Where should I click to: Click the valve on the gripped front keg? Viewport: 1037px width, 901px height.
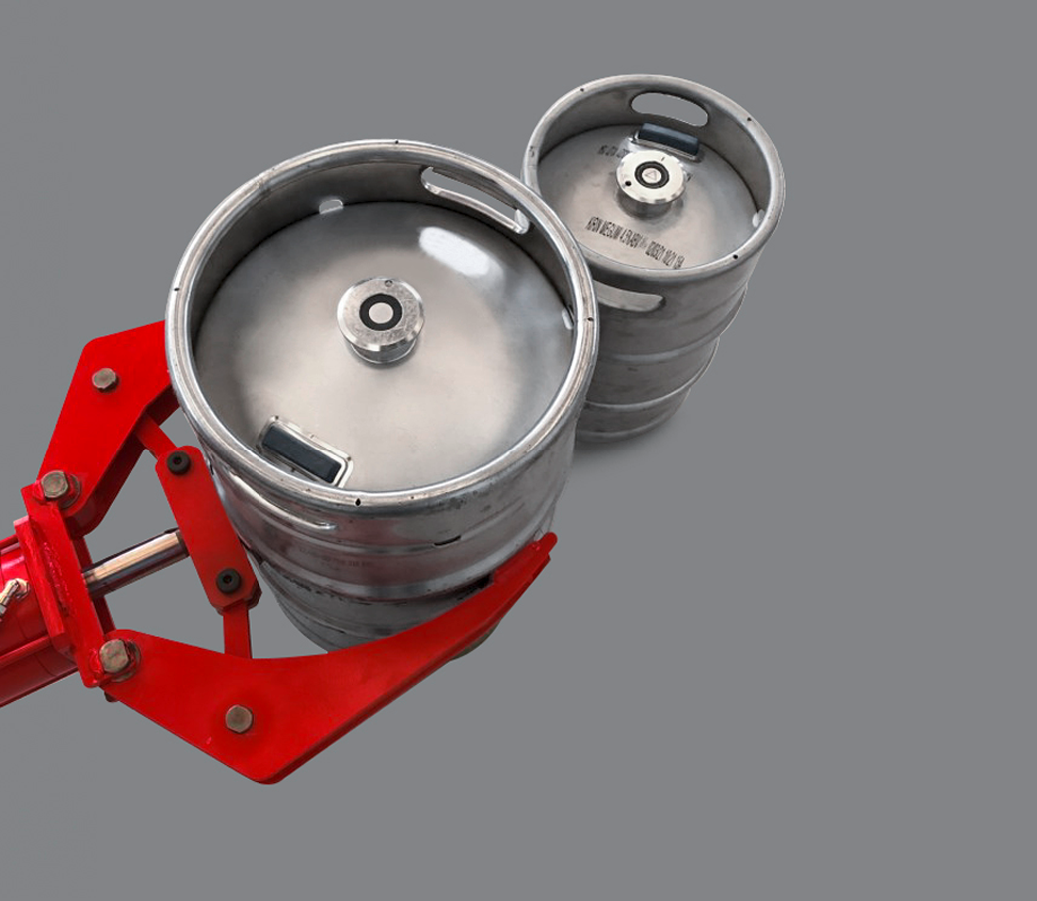(x=380, y=314)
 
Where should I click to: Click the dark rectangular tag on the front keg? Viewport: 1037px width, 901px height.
(x=304, y=451)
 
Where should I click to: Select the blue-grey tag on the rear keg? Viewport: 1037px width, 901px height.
(x=668, y=139)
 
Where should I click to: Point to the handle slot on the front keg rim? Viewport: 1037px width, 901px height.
(x=473, y=198)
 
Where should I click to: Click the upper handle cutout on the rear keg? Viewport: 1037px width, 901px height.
(x=668, y=108)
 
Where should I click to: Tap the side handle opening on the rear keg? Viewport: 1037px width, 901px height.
(x=626, y=297)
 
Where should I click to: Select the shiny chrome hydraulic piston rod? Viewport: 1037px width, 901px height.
(x=135, y=562)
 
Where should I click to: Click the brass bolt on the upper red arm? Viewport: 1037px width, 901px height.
(x=104, y=379)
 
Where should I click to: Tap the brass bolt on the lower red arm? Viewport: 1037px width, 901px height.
(x=239, y=718)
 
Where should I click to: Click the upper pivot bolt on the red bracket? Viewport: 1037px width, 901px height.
(x=56, y=486)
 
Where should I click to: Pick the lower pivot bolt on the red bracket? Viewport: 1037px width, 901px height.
(x=115, y=656)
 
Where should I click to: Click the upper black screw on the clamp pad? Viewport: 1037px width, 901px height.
(x=179, y=462)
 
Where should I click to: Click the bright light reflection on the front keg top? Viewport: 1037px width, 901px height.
(x=455, y=250)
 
